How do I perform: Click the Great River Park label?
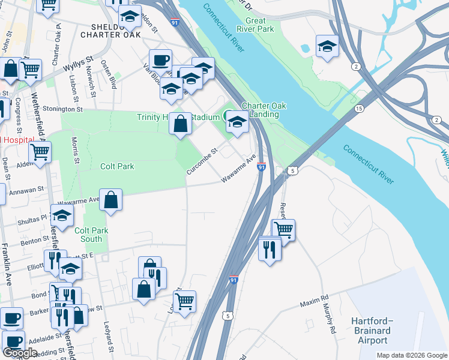point(255,25)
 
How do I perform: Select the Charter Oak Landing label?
point(264,110)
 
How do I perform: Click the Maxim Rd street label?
point(316,301)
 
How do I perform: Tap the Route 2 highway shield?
point(356,66)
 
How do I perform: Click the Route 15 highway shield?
point(359,108)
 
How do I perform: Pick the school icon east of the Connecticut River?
point(327,46)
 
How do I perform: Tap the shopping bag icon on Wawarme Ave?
point(111,200)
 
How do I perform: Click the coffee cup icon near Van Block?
point(160,60)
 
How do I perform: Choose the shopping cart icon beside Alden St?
point(40,152)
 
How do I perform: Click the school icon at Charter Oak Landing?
point(237,124)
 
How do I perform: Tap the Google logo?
point(20,353)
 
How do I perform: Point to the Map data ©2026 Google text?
point(412,355)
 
